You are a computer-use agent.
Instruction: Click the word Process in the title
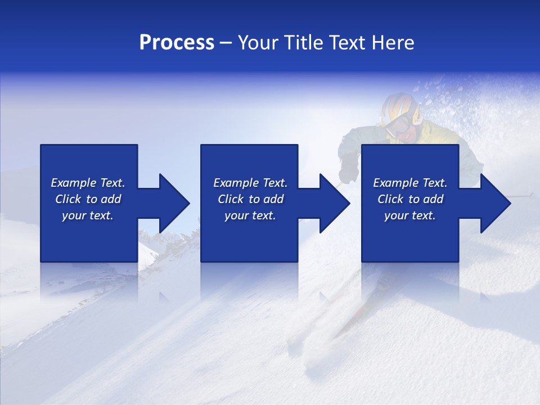click(177, 42)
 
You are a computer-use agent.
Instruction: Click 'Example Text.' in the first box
click(88, 183)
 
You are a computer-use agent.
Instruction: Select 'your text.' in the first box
click(88, 215)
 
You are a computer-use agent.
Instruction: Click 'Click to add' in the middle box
click(250, 199)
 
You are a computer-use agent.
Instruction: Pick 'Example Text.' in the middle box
click(250, 183)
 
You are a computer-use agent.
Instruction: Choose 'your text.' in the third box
click(410, 215)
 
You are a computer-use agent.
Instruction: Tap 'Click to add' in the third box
click(410, 199)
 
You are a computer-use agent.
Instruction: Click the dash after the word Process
click(226, 43)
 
